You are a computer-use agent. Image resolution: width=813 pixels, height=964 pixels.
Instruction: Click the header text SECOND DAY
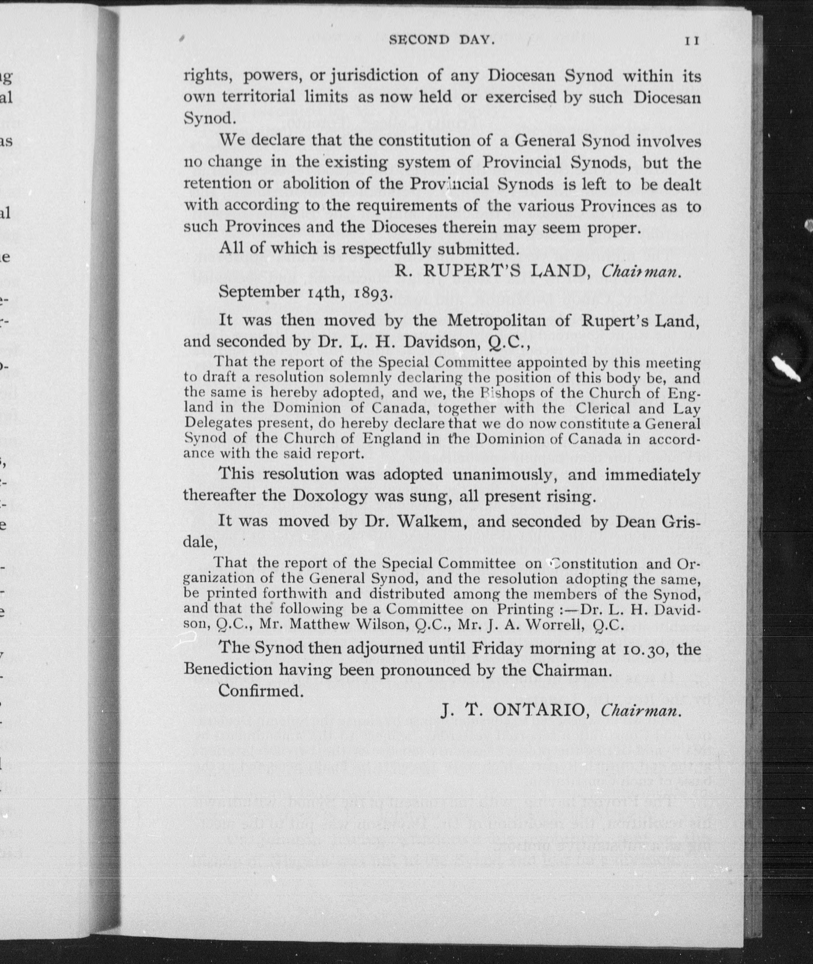coord(442,40)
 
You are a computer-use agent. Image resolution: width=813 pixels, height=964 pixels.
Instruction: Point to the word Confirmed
coord(261,691)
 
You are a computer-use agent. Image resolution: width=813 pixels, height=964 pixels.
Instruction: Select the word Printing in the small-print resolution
coord(524,609)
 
